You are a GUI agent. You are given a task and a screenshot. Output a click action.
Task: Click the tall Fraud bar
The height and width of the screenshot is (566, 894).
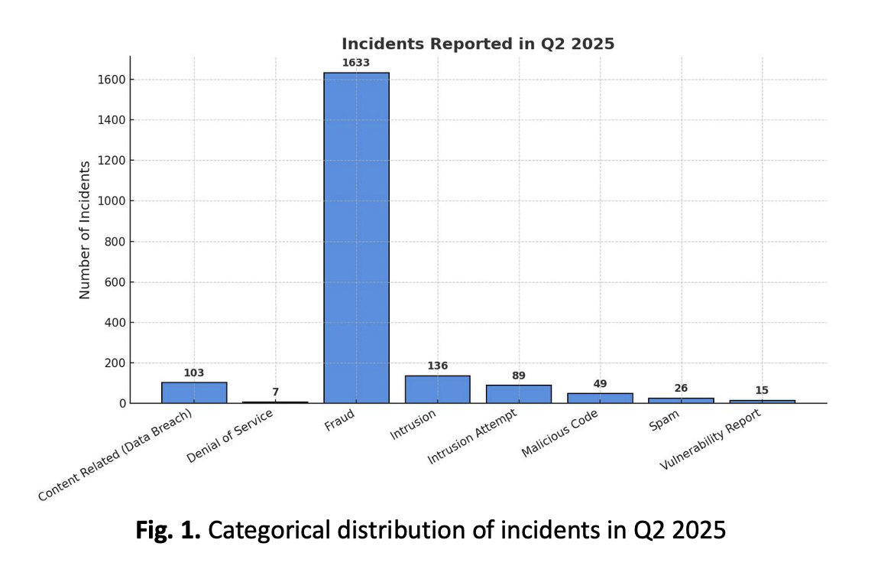click(x=356, y=237)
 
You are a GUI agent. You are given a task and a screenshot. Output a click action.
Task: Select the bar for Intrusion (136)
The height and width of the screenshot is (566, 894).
click(x=437, y=389)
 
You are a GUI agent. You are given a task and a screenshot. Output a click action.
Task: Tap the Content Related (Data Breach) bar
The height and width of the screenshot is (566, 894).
click(x=194, y=392)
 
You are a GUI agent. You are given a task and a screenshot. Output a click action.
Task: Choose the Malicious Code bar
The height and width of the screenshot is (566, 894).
click(x=600, y=398)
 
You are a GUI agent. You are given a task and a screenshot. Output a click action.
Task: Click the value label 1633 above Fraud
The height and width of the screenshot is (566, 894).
click(x=356, y=63)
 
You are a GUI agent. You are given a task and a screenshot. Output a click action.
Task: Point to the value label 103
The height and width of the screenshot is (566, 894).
click(x=194, y=372)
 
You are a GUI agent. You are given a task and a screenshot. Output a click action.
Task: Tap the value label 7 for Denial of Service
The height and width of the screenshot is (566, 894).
click(x=275, y=392)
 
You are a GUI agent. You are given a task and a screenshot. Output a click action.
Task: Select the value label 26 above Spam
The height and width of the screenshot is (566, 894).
click(x=681, y=388)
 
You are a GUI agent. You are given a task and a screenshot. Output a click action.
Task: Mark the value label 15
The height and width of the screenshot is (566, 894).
click(x=762, y=390)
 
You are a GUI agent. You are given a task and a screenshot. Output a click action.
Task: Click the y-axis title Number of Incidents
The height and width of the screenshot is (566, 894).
click(x=85, y=229)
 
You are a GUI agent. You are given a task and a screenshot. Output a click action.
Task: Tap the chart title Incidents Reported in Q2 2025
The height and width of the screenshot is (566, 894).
click(x=478, y=44)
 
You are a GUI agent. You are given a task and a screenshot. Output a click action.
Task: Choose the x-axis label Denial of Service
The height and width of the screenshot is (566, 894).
click(x=231, y=435)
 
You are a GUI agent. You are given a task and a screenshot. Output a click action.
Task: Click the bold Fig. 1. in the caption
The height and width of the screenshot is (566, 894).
click(x=168, y=530)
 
